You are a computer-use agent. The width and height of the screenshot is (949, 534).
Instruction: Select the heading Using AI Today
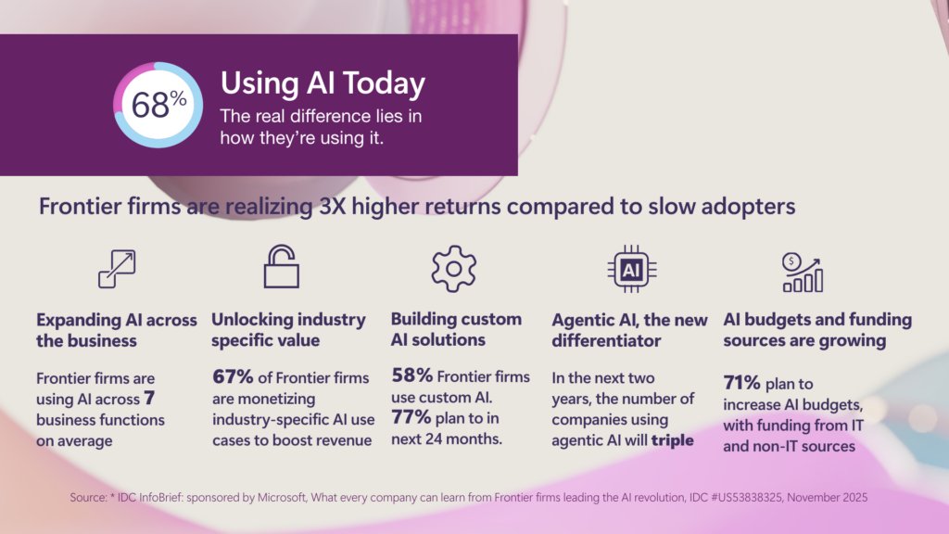323,84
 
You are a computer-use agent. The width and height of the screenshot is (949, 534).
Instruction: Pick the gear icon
453,269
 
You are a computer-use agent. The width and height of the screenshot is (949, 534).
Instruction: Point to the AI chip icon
631,270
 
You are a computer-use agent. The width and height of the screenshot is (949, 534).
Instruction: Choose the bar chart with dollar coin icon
801,271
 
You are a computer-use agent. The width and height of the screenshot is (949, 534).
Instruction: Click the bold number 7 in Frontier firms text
147,399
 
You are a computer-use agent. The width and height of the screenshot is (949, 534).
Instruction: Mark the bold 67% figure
230,378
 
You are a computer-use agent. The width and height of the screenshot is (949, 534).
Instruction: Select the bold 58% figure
410,376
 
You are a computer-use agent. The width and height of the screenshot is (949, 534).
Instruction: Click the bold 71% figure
740,382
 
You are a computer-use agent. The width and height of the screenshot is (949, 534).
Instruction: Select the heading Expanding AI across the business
116,330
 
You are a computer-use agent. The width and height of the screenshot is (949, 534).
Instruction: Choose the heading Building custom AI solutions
456,329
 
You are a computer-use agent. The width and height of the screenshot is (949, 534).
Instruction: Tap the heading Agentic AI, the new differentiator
629,330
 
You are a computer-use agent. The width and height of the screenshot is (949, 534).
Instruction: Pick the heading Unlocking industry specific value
288,330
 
